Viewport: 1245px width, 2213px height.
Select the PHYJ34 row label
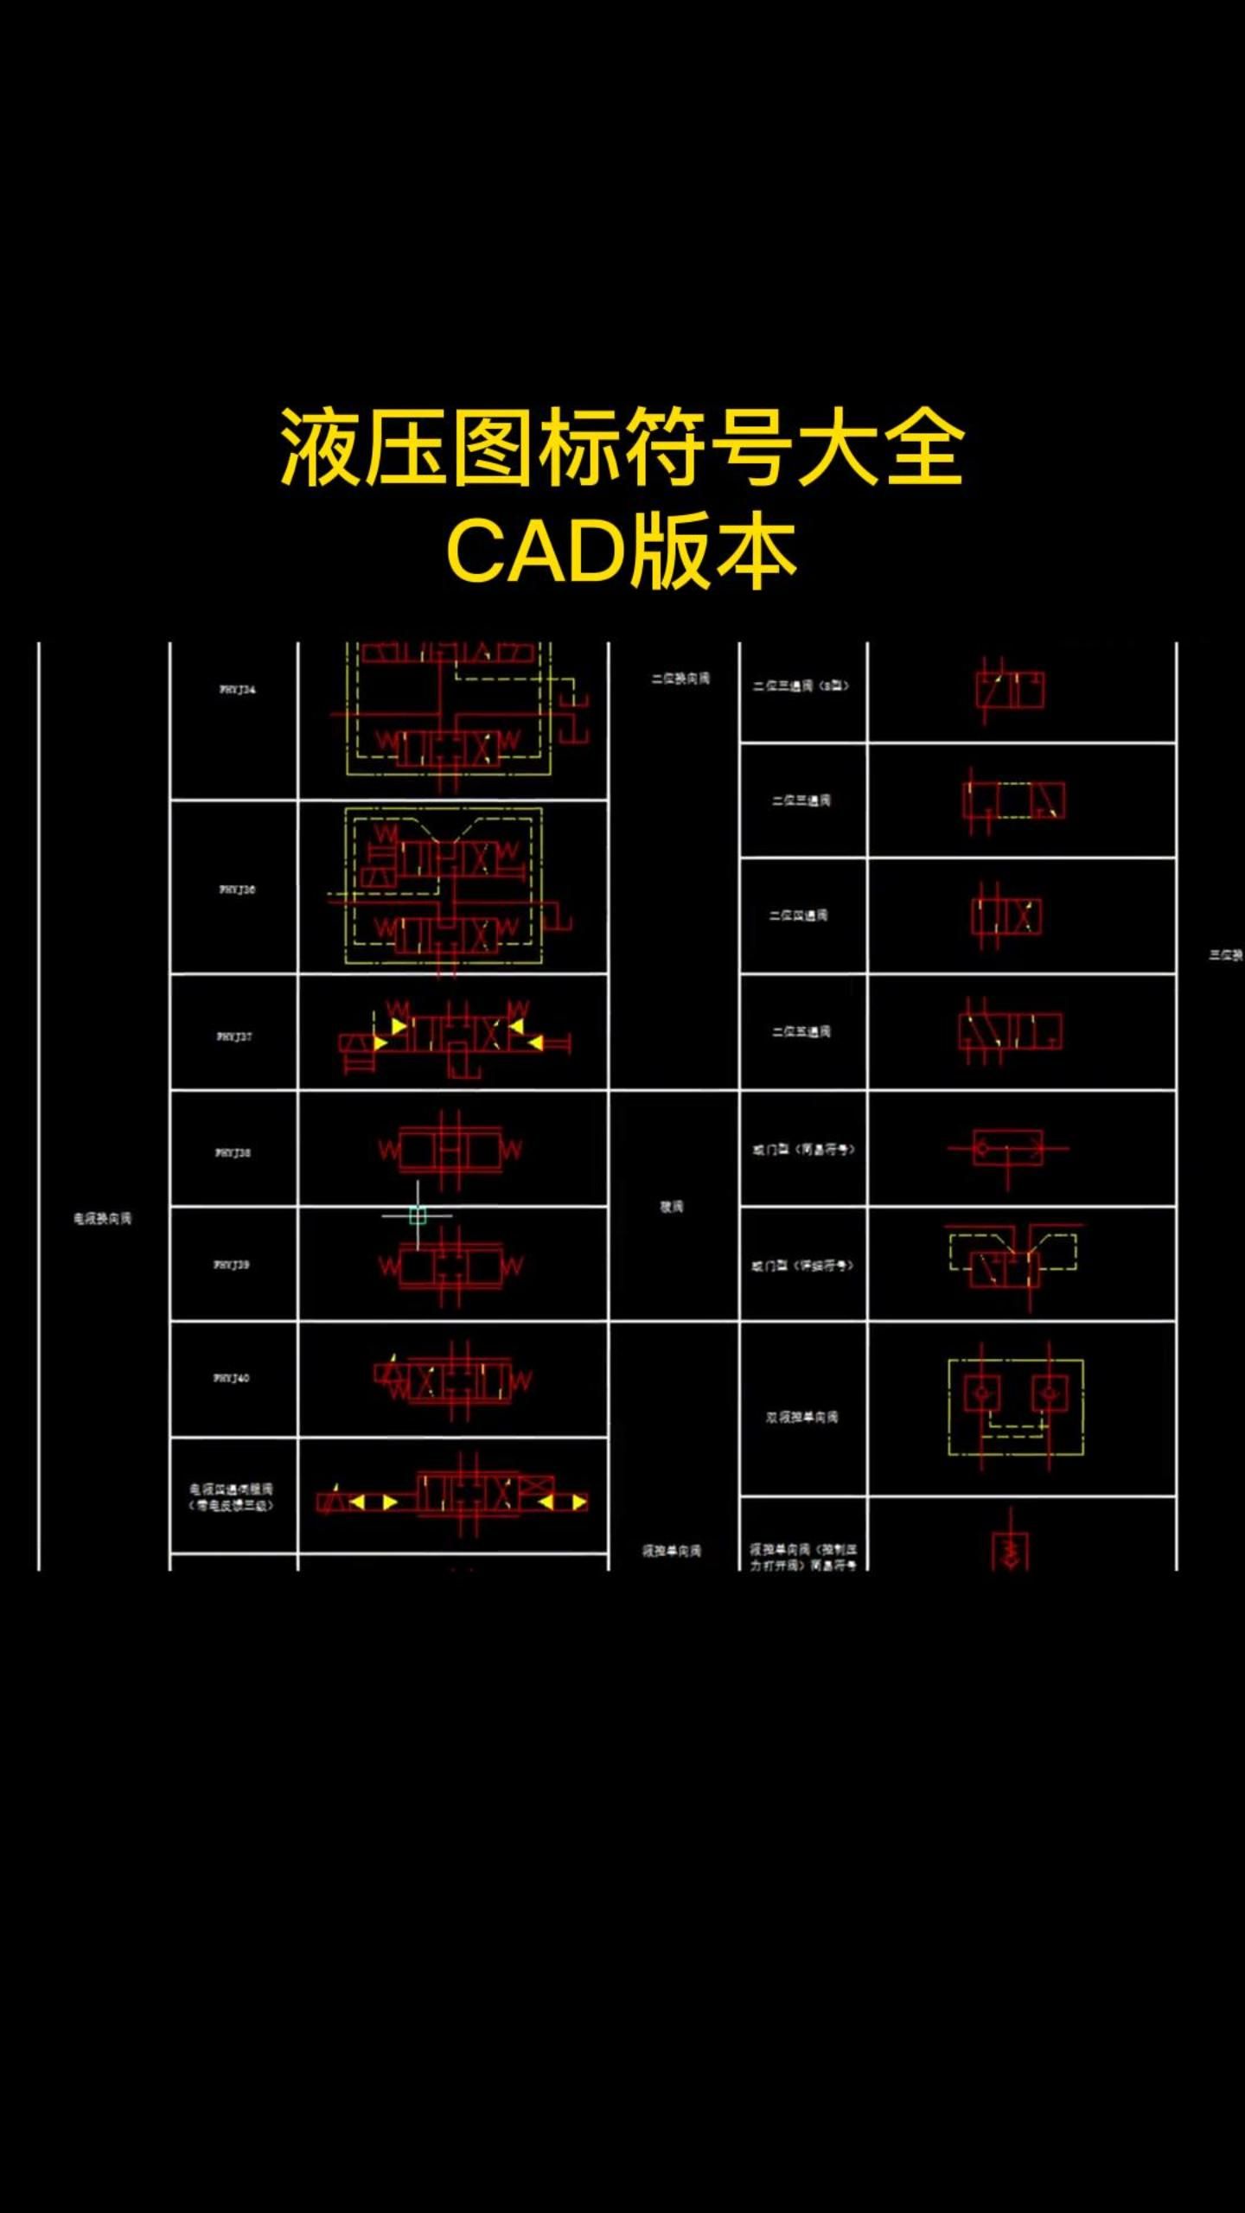237,690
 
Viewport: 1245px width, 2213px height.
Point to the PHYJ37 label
234,1036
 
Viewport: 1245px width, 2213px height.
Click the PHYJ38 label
233,1152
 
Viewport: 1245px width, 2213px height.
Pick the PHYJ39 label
232,1265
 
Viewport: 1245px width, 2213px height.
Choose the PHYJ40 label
232,1378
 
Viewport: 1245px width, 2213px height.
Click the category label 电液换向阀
103,1219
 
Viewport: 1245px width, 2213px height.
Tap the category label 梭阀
672,1207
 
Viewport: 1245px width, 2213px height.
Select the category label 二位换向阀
680,679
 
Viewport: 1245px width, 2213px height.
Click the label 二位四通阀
799,915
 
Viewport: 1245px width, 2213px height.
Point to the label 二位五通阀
801,1031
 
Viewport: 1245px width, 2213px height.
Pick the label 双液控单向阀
801,1418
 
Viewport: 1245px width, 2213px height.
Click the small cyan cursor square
418,1215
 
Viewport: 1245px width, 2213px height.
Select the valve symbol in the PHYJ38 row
450,1150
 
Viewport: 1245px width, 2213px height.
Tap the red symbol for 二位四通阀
1006,916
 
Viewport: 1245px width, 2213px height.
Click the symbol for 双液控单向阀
1016,1407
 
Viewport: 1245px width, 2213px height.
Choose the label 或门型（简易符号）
803,1150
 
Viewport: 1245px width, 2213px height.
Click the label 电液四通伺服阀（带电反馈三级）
232,1497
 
